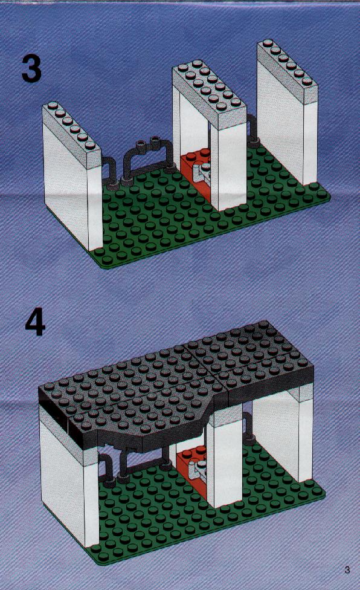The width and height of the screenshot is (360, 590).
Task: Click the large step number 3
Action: [x=31, y=68]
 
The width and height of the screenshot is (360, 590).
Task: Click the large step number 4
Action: [x=35, y=323]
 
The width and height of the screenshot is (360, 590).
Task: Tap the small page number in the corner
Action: [x=347, y=569]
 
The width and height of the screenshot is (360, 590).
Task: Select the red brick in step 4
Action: [x=191, y=470]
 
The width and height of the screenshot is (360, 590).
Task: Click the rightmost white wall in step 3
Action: [x=288, y=113]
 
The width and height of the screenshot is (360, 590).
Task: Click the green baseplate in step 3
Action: [x=210, y=211]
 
